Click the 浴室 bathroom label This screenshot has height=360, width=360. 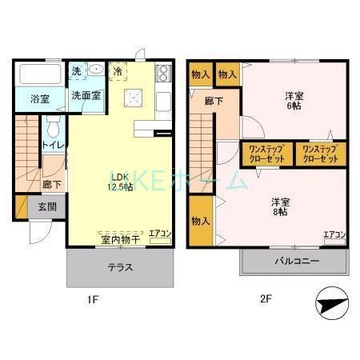click(40, 100)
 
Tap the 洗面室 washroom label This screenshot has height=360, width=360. click(85, 95)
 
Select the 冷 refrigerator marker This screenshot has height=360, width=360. click(118, 70)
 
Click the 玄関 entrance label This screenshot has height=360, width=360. click(47, 206)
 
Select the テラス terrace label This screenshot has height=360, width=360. click(120, 267)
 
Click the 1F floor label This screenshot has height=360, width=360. click(94, 301)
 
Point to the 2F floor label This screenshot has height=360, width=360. click(266, 301)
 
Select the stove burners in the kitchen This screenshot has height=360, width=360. click(163, 74)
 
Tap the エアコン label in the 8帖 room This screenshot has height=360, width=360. click(334, 234)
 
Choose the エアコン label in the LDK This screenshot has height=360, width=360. click(160, 234)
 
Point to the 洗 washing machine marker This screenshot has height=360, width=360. click(76, 70)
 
